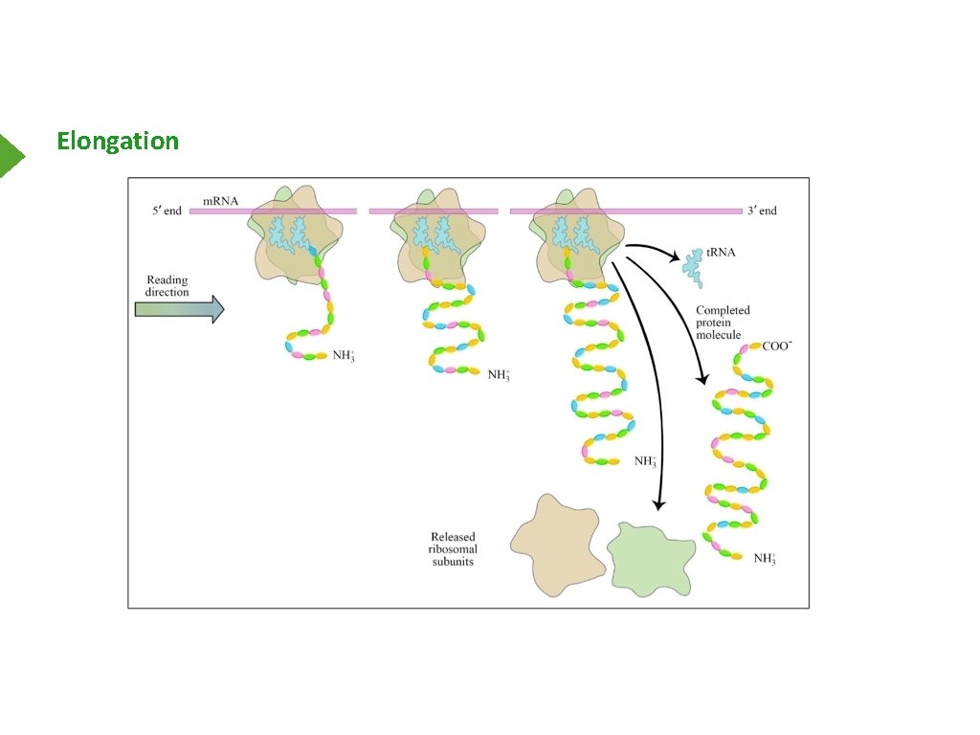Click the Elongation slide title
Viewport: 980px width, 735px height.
click(x=118, y=141)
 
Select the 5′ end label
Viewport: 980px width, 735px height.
click(x=166, y=211)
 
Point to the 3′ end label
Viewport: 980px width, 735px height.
click(x=762, y=211)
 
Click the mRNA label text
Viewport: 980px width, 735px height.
click(x=220, y=201)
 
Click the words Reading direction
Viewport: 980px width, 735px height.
click(x=167, y=286)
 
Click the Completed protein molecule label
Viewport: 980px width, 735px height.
click(x=723, y=322)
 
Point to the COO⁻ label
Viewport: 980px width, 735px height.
click(x=776, y=345)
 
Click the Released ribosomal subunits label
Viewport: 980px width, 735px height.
click(x=453, y=549)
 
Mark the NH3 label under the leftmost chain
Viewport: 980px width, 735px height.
click(x=343, y=356)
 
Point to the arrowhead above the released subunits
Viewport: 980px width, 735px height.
click(x=657, y=502)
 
